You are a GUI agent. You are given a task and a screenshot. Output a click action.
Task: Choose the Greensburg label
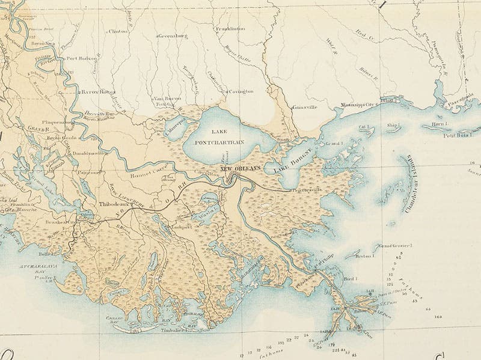pos(174,36)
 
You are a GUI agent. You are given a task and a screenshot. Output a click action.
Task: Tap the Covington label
pos(240,91)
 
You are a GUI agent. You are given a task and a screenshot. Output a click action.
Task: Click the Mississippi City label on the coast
pos(354,103)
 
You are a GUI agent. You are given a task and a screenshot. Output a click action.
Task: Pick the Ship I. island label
pos(394,126)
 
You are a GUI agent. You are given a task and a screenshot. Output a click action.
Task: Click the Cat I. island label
pos(363,127)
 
